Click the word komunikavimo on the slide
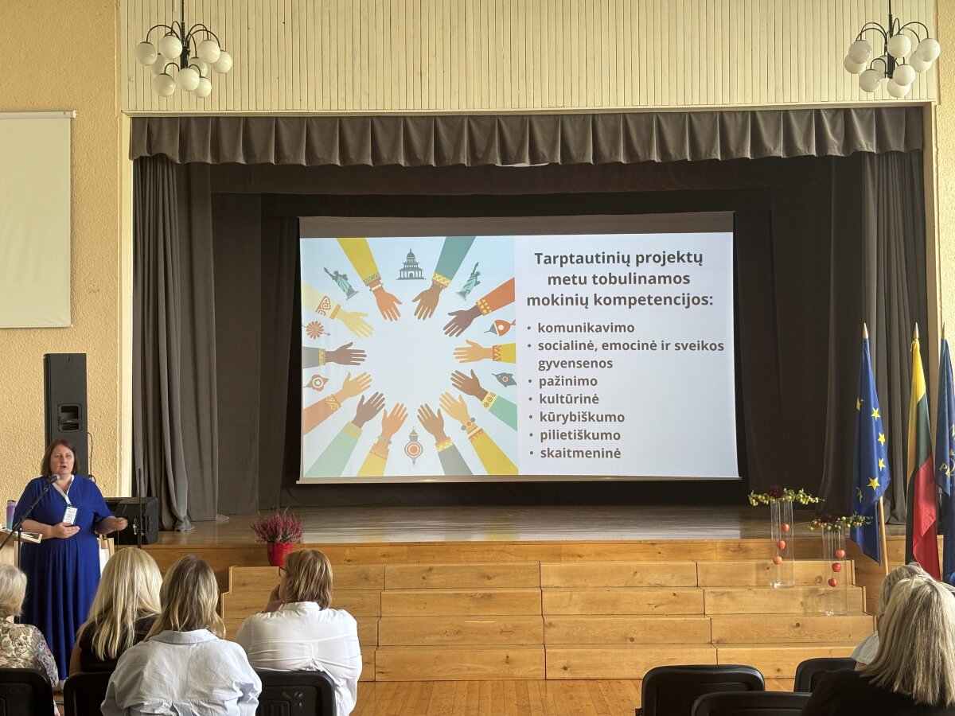click(x=586, y=327)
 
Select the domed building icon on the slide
click(x=411, y=264)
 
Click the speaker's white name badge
click(x=69, y=514)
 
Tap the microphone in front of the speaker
click(x=53, y=479)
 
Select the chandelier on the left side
click(x=184, y=56)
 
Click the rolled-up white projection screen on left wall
click(x=35, y=219)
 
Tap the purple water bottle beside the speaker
click(x=10, y=514)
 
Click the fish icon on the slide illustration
click(x=501, y=325)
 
